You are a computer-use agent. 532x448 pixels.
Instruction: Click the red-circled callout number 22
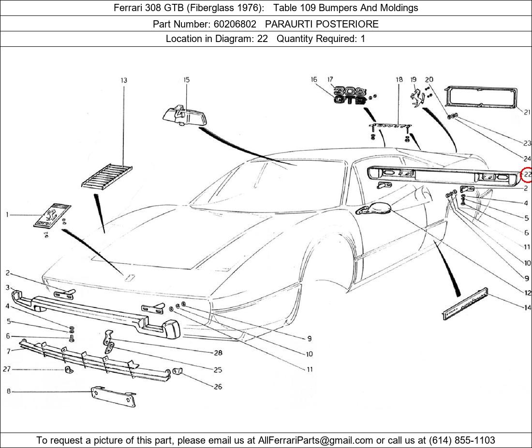pyautogui.click(x=527, y=174)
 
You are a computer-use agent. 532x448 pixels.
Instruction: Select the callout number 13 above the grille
pyautogui.click(x=124, y=80)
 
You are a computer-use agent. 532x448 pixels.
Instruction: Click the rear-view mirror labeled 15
pyautogui.click(x=182, y=116)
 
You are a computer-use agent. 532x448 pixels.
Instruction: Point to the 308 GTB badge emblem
pyautogui.click(x=350, y=95)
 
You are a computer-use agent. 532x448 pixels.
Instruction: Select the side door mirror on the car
pyautogui.click(x=374, y=209)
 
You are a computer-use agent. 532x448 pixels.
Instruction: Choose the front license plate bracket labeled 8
pyautogui.click(x=114, y=396)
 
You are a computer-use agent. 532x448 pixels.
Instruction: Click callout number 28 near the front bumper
pyautogui.click(x=218, y=353)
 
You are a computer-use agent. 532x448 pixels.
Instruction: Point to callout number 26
pyautogui.click(x=218, y=387)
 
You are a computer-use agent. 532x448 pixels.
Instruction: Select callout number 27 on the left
pyautogui.click(x=7, y=369)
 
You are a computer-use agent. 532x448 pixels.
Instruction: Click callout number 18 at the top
pyautogui.click(x=399, y=80)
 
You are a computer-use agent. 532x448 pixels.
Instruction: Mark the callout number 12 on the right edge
pyautogui.click(x=527, y=293)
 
